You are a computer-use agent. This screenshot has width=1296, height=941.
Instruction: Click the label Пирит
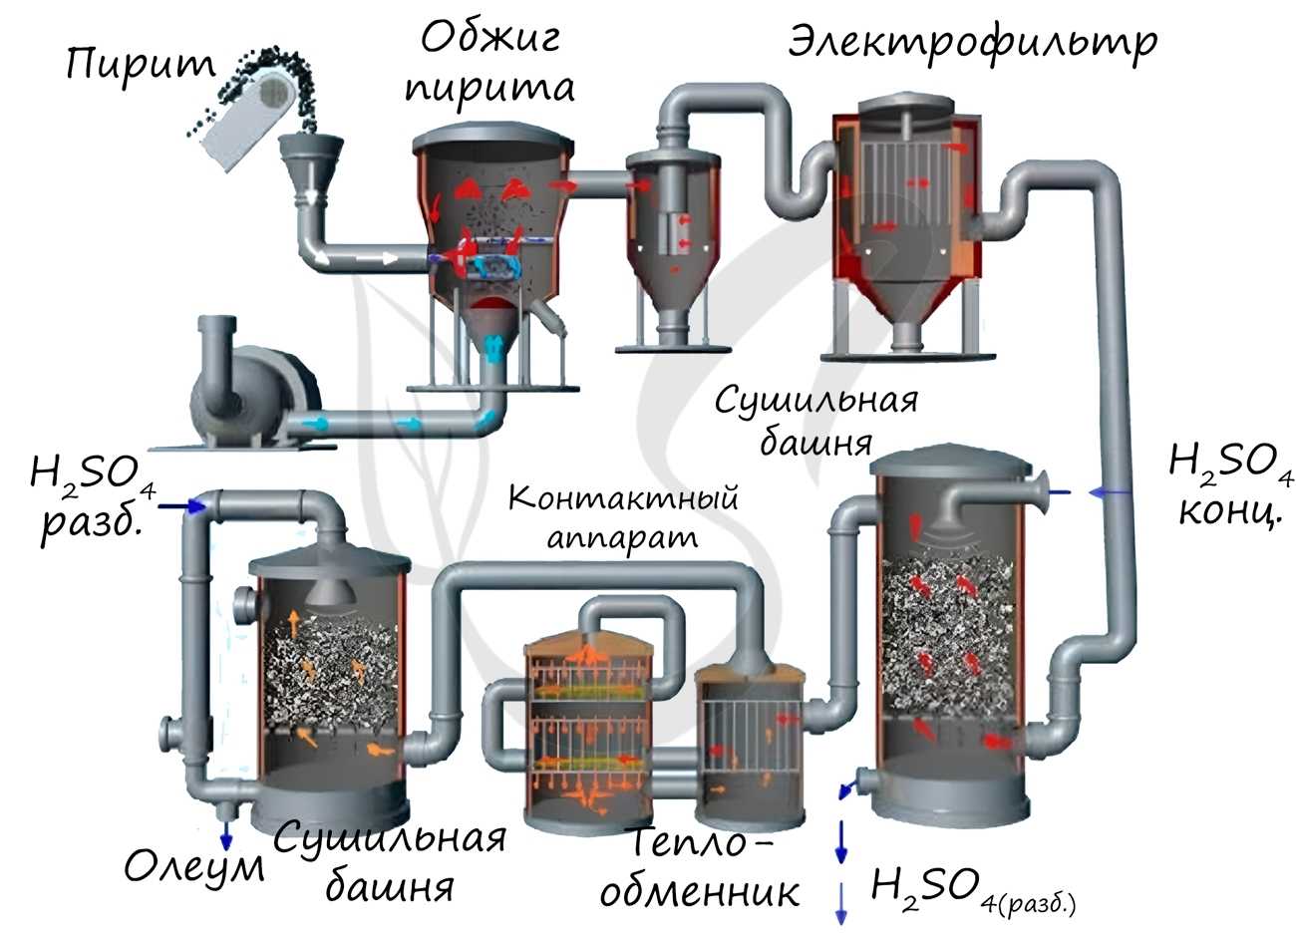(140, 65)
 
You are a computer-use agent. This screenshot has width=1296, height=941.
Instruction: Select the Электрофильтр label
(972, 42)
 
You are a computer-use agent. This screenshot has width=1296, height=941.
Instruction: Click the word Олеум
(194, 867)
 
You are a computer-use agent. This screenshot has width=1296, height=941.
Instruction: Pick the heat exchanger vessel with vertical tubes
(748, 738)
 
